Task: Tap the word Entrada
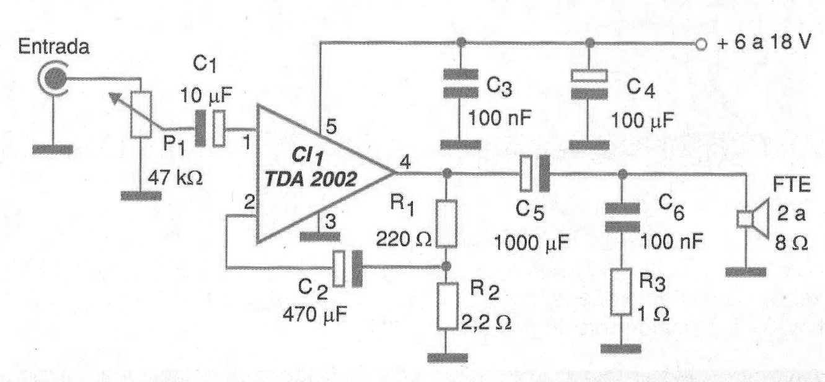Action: coord(53,47)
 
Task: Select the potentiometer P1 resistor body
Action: coord(141,115)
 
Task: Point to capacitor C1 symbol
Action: coord(210,128)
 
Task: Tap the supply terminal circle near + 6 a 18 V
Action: coord(701,44)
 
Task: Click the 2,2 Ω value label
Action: coord(487,323)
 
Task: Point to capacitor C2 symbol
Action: coord(347,268)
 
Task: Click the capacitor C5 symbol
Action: coord(535,172)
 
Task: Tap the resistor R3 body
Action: coord(621,291)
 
